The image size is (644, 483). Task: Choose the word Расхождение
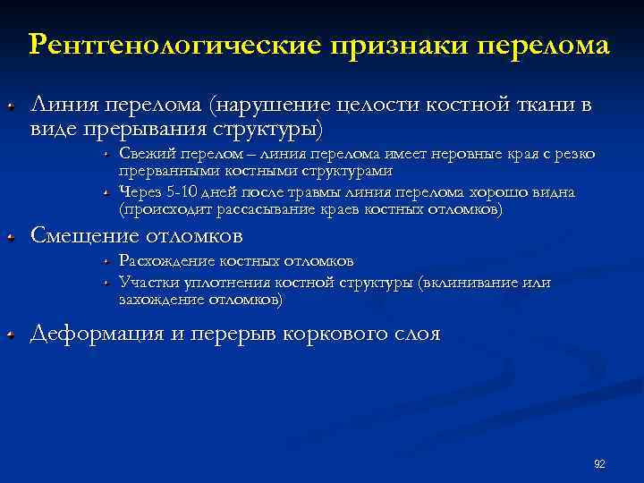coord(163,261)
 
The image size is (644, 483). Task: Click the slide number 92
coord(599,463)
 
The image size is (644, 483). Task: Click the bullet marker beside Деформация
coord(11,335)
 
